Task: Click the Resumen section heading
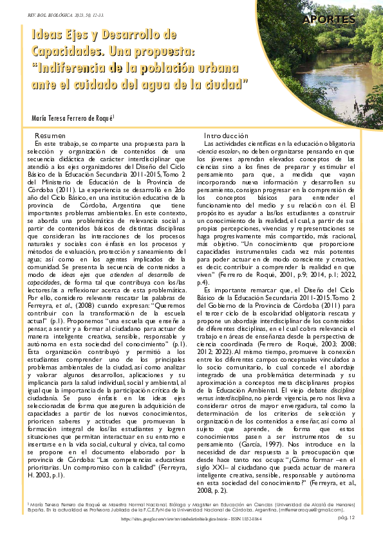click(x=50, y=136)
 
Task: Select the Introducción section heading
click(x=226, y=136)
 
